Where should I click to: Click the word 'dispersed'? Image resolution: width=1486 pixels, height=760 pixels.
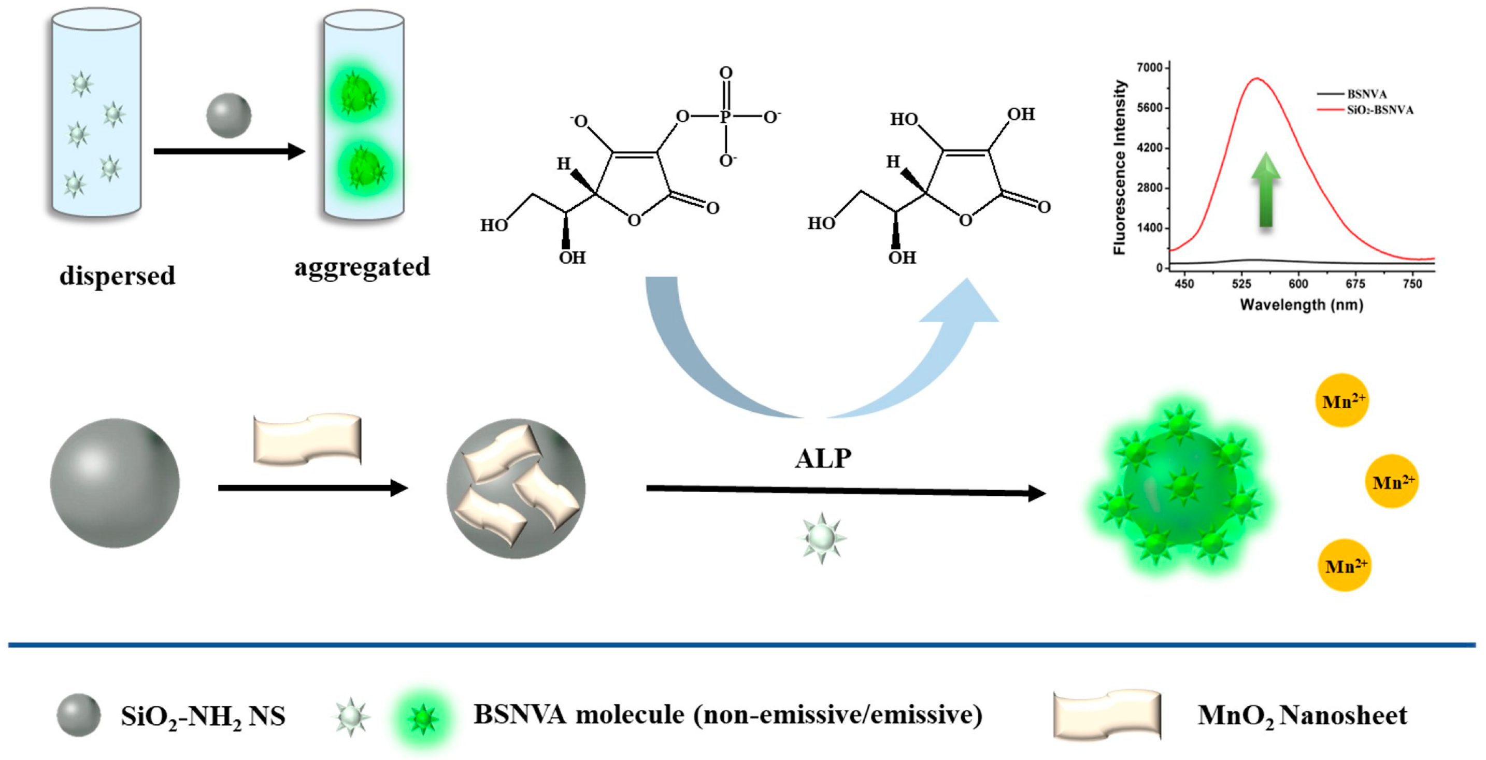pyautogui.click(x=117, y=276)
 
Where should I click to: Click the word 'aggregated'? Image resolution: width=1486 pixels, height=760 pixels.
pyautogui.click(x=362, y=267)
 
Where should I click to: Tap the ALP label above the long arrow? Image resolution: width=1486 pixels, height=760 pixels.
pyautogui.click(x=823, y=458)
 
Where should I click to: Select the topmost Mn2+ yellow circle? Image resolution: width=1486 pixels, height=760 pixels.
pyautogui.click(x=1342, y=400)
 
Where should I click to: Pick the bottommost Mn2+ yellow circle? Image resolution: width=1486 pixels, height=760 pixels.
pyautogui.click(x=1345, y=565)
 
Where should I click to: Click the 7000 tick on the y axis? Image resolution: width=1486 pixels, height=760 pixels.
pyautogui.click(x=1149, y=68)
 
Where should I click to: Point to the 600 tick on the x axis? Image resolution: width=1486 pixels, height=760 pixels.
pyautogui.click(x=1298, y=284)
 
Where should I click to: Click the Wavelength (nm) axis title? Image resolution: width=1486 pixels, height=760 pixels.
pyautogui.click(x=1302, y=305)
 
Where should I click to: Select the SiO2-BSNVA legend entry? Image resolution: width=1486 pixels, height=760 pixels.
pyautogui.click(x=1379, y=110)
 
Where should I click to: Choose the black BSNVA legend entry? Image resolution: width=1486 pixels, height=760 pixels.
pyautogui.click(x=1366, y=94)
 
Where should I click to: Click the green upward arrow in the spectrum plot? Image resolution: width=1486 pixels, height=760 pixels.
pyautogui.click(x=1266, y=190)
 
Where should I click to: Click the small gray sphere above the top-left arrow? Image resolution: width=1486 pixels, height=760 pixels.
pyautogui.click(x=229, y=116)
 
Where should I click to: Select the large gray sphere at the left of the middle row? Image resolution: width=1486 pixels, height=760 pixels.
pyautogui.click(x=115, y=483)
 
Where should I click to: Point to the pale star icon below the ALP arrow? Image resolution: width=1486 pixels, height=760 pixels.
pyautogui.click(x=821, y=538)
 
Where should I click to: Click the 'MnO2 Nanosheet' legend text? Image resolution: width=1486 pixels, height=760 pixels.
pyautogui.click(x=1302, y=715)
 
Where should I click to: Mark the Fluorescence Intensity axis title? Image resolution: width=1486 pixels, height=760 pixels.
pyautogui.click(x=1119, y=167)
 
